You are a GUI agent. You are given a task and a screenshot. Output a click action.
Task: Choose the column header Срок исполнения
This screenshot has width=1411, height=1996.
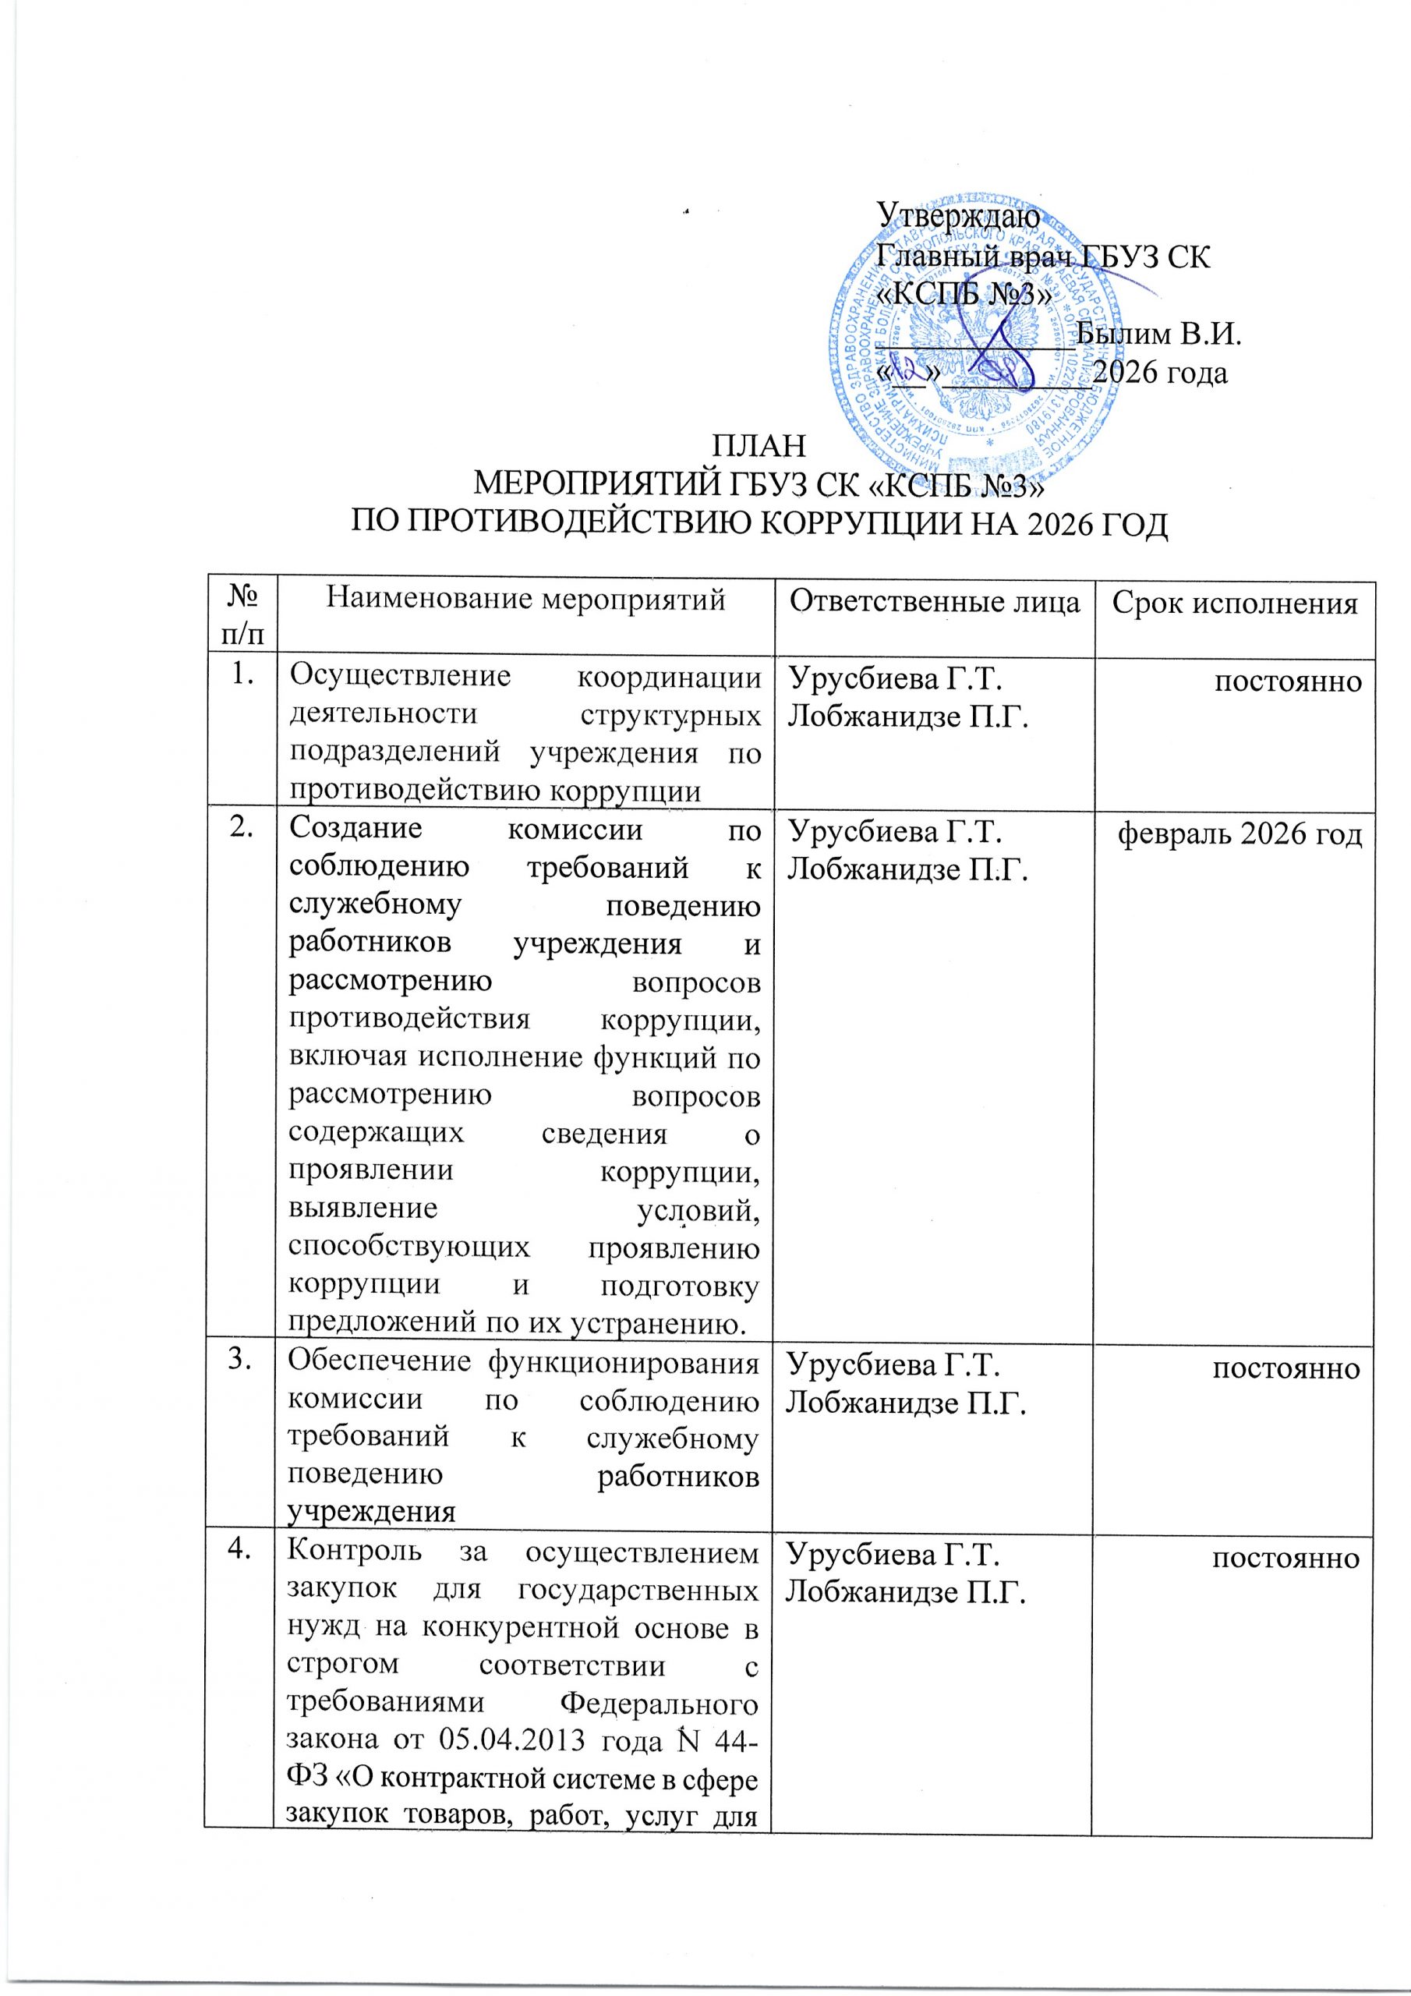click(x=1236, y=602)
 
